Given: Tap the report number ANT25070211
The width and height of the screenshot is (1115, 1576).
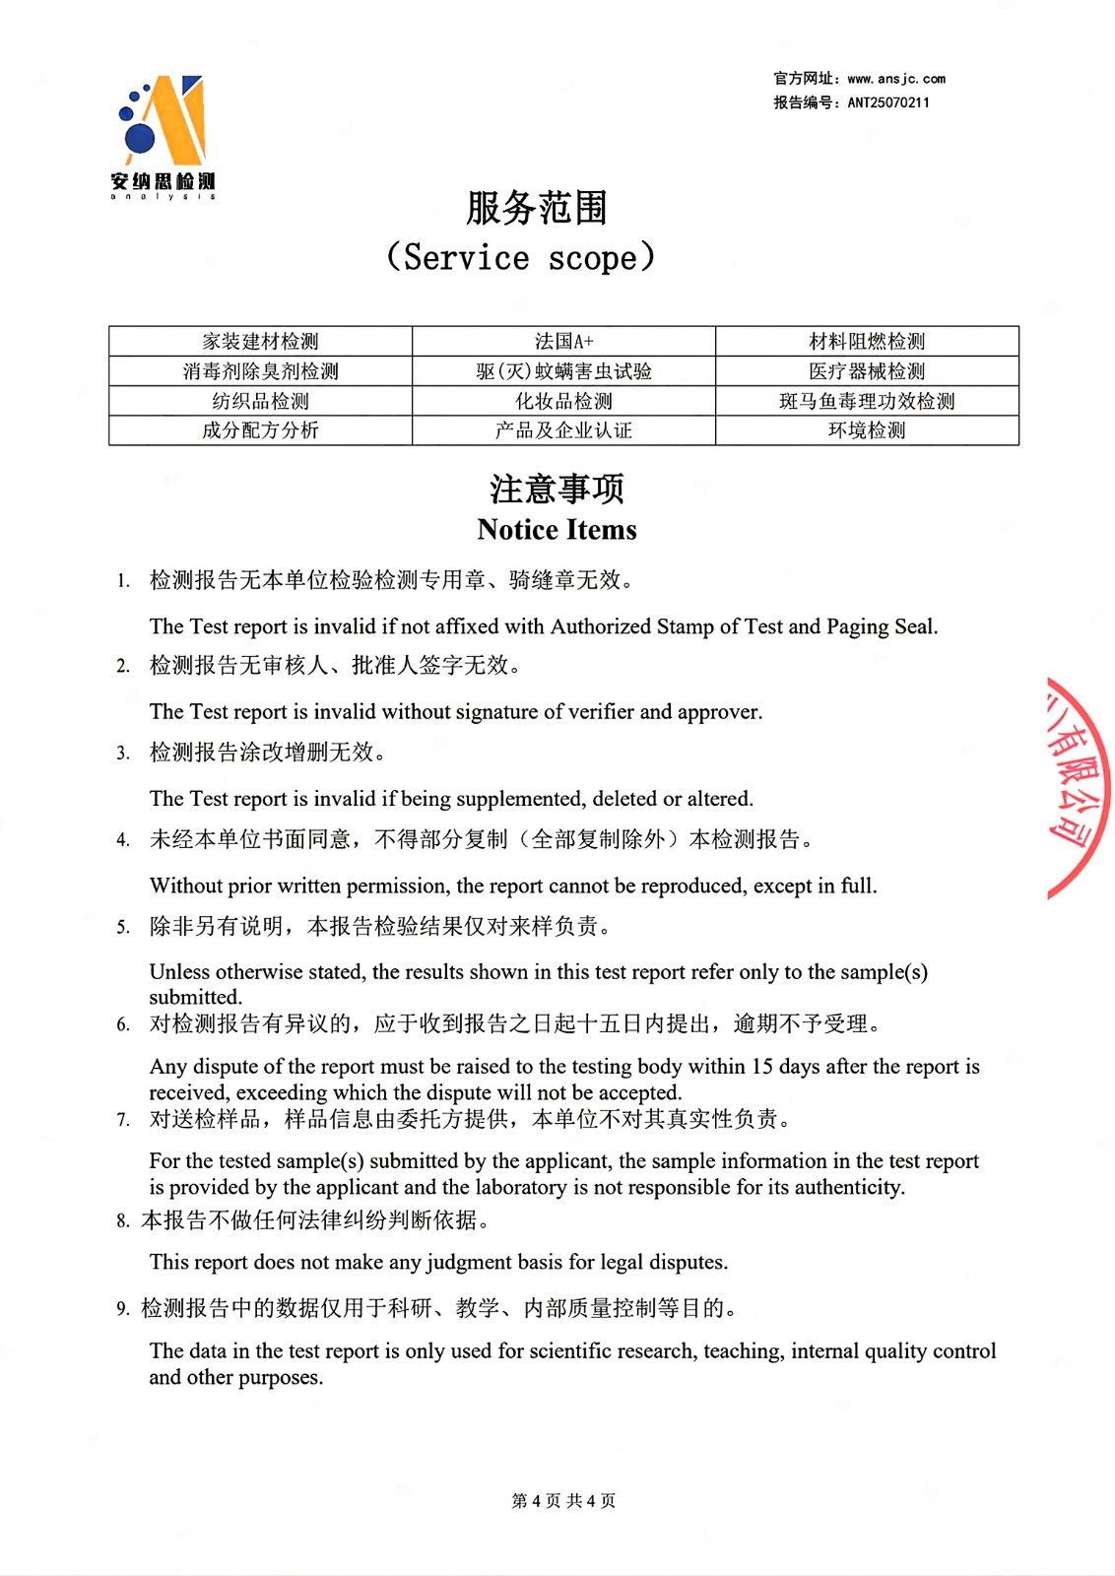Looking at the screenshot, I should pyautogui.click(x=888, y=102).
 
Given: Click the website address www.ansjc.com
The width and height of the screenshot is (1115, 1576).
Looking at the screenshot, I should pyautogui.click(x=896, y=79).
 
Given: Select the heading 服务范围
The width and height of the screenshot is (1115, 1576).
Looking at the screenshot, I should pyautogui.click(x=537, y=208).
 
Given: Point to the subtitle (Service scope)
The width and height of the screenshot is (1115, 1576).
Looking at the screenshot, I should pyautogui.click(x=520, y=258).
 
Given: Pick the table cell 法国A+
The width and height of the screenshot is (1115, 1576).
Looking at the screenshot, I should pyautogui.click(x=563, y=342).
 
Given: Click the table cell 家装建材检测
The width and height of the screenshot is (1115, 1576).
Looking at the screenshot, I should pyautogui.click(x=260, y=342).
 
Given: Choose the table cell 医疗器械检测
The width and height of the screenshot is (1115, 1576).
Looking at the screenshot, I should pyautogui.click(x=867, y=371).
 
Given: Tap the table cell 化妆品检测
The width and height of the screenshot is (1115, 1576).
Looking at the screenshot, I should pyautogui.click(x=563, y=401).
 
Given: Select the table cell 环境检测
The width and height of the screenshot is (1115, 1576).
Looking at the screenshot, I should pyautogui.click(x=867, y=430).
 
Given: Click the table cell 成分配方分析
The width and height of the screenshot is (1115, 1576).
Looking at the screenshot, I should pyautogui.click(x=260, y=430).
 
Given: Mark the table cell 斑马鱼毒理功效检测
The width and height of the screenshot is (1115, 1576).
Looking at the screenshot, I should pyautogui.click(x=867, y=401).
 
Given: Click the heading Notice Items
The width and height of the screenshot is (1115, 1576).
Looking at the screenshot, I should pyautogui.click(x=557, y=530).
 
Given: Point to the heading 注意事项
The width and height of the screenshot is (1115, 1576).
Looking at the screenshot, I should pyautogui.click(x=557, y=489).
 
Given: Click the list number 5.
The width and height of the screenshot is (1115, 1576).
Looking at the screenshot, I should pyautogui.click(x=122, y=927).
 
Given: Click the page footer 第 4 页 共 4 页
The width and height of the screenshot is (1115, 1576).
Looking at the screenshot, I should pyautogui.click(x=563, y=1500).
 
